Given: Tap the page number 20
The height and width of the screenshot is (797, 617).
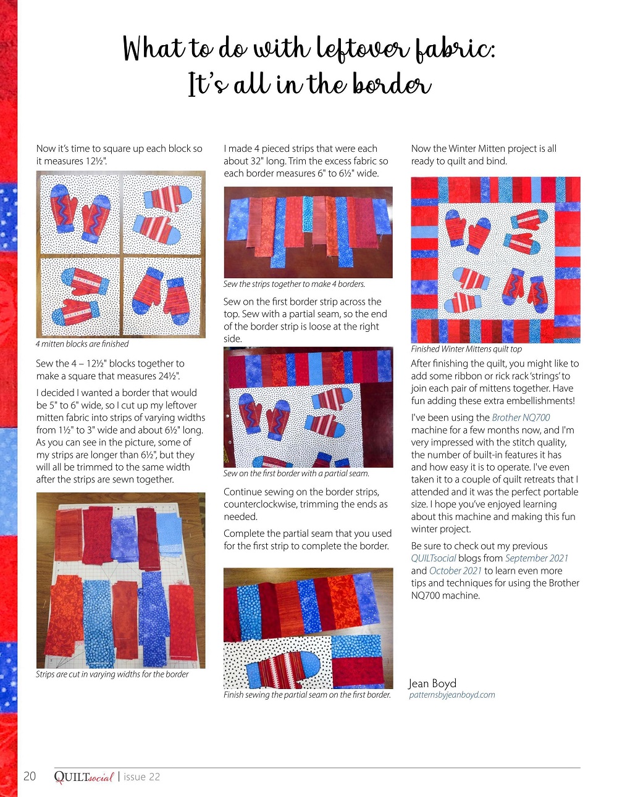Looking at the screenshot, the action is [30, 776].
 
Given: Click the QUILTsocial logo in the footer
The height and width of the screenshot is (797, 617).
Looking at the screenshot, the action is [84, 777].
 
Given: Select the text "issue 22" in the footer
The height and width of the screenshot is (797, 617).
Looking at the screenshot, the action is [141, 777].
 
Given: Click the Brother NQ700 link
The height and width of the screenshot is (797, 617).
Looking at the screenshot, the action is [521, 418].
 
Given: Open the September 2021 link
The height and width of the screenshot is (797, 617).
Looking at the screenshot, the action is [536, 558].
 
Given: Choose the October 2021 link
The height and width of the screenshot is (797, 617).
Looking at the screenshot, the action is [455, 571].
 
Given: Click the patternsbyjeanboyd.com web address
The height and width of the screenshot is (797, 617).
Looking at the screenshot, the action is [452, 695].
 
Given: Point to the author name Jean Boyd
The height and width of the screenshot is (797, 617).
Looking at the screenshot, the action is [432, 683].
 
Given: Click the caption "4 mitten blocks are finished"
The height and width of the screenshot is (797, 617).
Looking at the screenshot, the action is [82, 344].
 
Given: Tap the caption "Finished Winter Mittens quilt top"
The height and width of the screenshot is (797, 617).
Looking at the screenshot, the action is [466, 349].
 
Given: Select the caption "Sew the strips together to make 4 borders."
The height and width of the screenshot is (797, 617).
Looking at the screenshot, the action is [295, 284].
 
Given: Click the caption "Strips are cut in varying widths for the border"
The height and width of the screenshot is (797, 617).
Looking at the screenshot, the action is [112, 674].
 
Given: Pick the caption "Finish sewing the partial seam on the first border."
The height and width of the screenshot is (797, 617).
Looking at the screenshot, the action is [307, 695].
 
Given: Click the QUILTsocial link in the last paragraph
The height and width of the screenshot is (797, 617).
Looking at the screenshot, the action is [434, 558].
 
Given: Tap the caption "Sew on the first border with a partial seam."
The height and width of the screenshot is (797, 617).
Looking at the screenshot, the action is [296, 473].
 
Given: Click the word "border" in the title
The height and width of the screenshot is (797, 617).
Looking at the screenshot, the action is [392, 85].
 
